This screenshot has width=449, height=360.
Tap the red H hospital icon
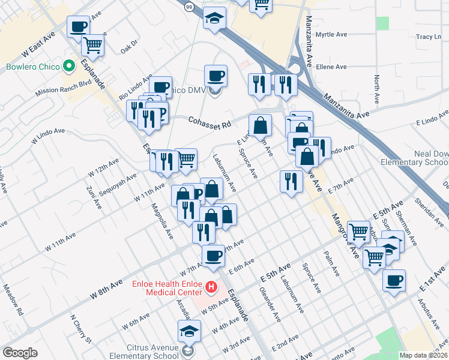(211, 288)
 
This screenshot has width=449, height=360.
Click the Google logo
(19, 353)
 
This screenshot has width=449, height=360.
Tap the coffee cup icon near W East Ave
(79, 27)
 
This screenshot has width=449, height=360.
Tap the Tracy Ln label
(429, 37)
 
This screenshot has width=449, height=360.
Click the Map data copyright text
(424, 355)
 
